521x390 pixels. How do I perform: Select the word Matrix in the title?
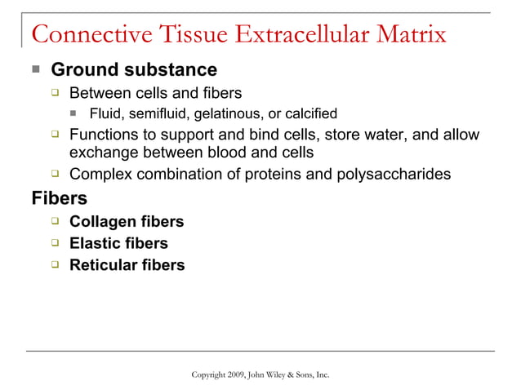pyautogui.click(x=407, y=35)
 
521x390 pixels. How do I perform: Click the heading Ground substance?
pyautogui.click(x=134, y=70)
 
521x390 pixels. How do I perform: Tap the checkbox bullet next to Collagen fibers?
pyautogui.click(x=55, y=221)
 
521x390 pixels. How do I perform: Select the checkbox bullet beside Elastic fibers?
pyautogui.click(x=55, y=243)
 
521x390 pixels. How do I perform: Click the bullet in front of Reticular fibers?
pyautogui.click(x=55, y=264)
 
